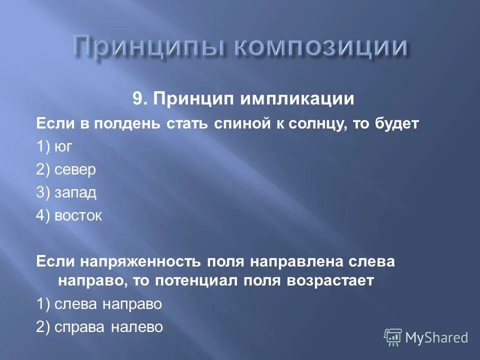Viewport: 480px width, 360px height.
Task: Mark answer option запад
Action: [75, 192]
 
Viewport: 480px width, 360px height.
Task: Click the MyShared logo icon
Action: [392, 337]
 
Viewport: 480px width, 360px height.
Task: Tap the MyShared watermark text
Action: [437, 337]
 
